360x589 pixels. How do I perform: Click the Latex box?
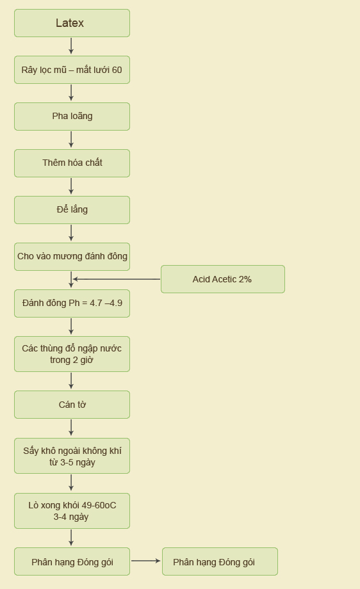click(x=72, y=23)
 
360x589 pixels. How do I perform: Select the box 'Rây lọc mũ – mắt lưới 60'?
click(x=72, y=70)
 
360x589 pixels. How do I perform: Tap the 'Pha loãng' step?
click(x=72, y=117)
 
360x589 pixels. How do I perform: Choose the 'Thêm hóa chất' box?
click(x=72, y=163)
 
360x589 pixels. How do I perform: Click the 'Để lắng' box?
click(x=72, y=210)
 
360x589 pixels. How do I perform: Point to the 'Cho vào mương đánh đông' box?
click(x=72, y=257)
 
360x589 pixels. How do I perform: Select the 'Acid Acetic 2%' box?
click(x=223, y=279)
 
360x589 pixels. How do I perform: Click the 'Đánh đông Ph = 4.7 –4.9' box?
click(x=72, y=303)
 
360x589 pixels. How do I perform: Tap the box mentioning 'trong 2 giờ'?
click(x=72, y=354)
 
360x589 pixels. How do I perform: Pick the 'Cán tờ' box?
click(x=72, y=405)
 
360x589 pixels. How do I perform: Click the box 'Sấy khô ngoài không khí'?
click(x=72, y=456)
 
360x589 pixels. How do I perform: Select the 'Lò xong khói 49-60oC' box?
click(x=72, y=511)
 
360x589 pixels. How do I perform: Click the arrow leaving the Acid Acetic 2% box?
click(x=117, y=279)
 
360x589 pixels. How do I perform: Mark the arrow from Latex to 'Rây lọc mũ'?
click(x=71, y=46)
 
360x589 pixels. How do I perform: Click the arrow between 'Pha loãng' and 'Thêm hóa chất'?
click(x=71, y=140)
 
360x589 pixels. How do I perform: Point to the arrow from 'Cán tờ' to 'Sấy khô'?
click(x=71, y=428)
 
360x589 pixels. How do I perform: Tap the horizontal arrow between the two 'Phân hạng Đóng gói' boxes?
click(x=146, y=561)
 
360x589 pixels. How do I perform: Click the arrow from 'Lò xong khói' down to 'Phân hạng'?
click(x=71, y=538)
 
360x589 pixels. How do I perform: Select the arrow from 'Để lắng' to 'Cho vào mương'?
click(x=71, y=233)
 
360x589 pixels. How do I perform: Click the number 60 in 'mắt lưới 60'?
click(x=117, y=70)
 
